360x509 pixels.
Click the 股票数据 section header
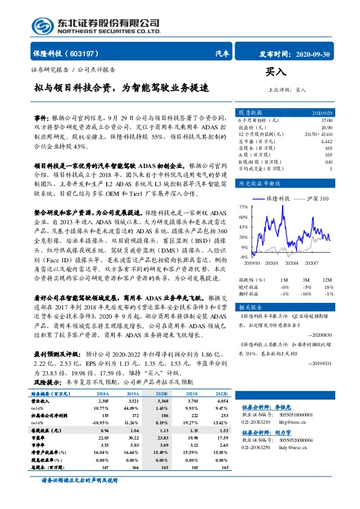pos(250,112)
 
